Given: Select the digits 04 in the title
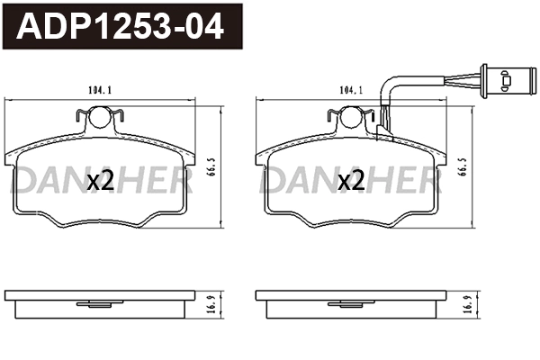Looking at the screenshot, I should coord(203,27).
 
